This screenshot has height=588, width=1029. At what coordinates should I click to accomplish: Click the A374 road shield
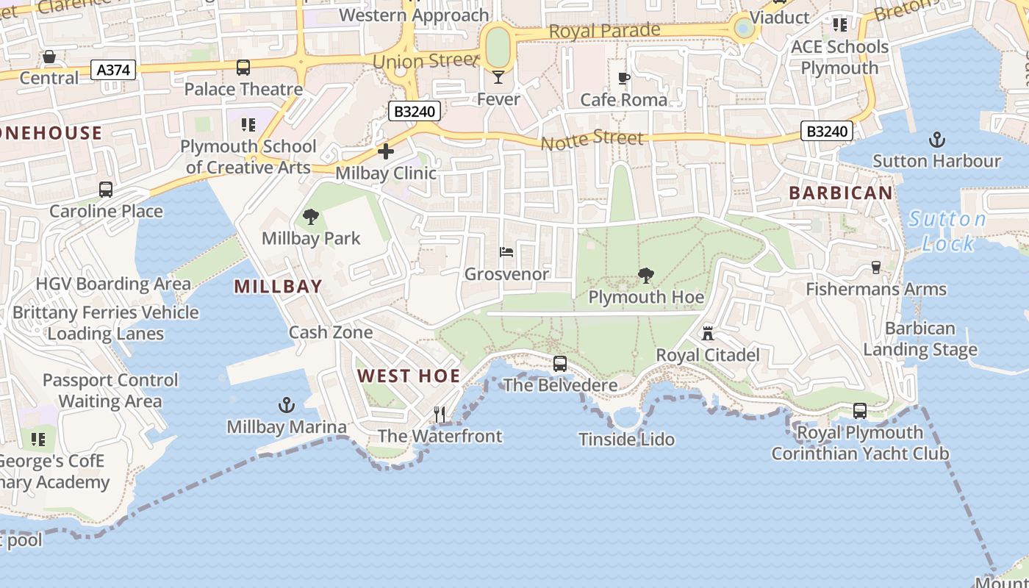[x=113, y=70]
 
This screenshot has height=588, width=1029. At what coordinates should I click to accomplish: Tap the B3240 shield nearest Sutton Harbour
[x=827, y=132]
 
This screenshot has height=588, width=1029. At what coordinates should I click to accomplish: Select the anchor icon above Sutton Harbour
[x=936, y=140]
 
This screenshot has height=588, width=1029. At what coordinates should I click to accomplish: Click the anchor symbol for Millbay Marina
[x=286, y=405]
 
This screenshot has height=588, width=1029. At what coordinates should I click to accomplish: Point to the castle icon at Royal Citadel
[x=707, y=334]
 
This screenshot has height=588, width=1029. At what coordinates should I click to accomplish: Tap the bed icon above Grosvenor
[x=506, y=252]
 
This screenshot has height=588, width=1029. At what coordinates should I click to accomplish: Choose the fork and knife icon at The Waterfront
[x=440, y=415]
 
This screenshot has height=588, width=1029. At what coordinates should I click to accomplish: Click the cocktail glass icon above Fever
[x=498, y=76]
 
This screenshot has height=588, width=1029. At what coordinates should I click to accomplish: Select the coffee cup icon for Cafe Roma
[x=624, y=78]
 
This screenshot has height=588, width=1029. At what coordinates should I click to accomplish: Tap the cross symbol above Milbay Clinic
[x=386, y=152]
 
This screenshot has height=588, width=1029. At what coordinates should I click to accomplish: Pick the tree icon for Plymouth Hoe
[x=646, y=276]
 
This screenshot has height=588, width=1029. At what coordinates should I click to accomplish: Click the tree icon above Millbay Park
[x=311, y=217]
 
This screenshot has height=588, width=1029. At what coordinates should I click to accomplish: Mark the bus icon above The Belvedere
[x=560, y=363]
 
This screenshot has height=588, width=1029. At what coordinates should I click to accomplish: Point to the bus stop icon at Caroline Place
[x=106, y=190]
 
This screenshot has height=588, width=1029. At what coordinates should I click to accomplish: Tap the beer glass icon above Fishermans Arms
[x=875, y=267]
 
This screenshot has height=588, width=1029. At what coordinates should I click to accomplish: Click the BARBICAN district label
[x=841, y=193]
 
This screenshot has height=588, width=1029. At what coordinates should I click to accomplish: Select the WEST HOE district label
[x=409, y=376]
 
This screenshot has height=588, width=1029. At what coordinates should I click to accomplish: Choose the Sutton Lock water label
[x=947, y=231]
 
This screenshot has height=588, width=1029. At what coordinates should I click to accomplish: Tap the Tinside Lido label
[x=626, y=440]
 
